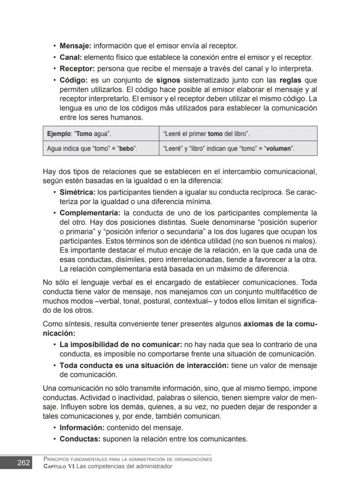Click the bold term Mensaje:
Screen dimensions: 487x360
point(76,46)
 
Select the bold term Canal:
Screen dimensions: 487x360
point(71,57)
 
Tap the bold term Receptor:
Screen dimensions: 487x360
point(77,68)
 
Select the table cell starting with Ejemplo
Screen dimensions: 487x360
point(101,134)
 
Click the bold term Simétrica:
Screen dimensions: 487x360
point(77,192)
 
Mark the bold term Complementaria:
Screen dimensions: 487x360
point(90,213)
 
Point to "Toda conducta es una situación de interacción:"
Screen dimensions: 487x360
point(144,366)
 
